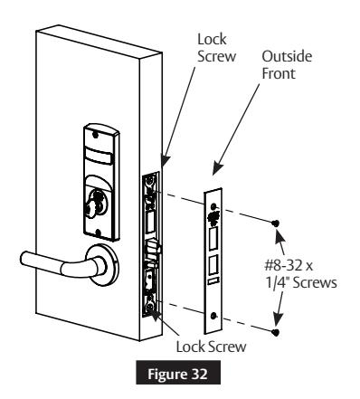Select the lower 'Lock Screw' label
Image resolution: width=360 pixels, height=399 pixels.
pos(208,345)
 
